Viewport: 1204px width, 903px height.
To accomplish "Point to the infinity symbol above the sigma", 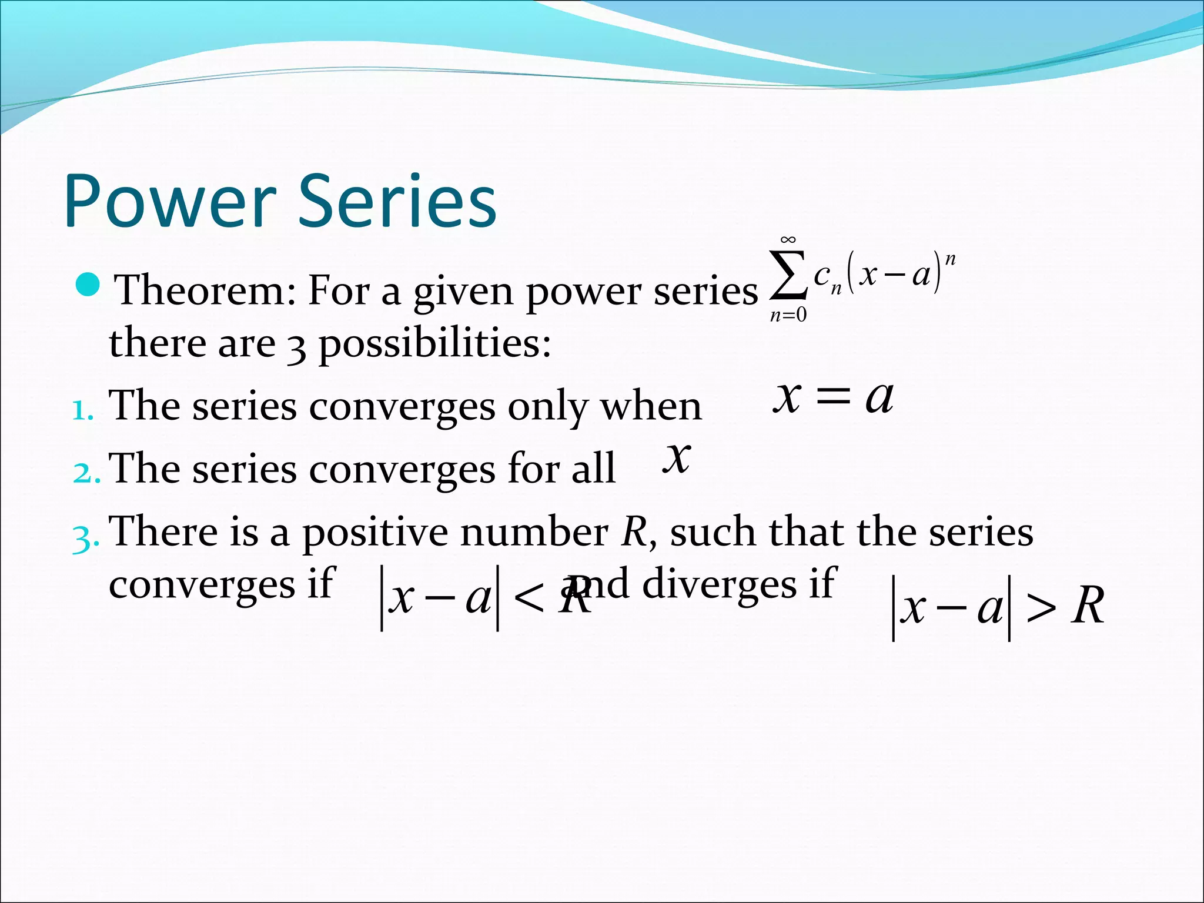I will coord(788,240).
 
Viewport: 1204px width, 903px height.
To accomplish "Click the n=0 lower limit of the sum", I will coord(788,316).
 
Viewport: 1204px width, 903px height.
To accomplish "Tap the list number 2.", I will coord(86,472).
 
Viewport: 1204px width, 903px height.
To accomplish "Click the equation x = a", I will coord(833,397).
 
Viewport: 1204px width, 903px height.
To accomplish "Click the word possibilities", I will coord(435,343).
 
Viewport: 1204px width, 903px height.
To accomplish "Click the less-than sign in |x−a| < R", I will coord(528,600).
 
